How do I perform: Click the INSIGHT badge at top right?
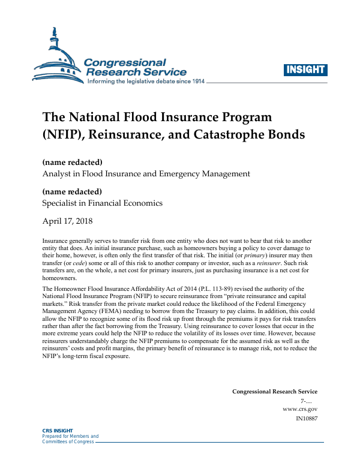[306, 70]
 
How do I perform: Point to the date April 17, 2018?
[68, 221]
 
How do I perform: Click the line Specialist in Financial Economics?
[102, 203]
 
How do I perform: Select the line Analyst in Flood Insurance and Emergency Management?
[146, 174]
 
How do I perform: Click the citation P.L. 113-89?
[201, 289]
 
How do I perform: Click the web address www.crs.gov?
[300, 408]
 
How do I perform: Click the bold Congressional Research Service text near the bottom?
[275, 391]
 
